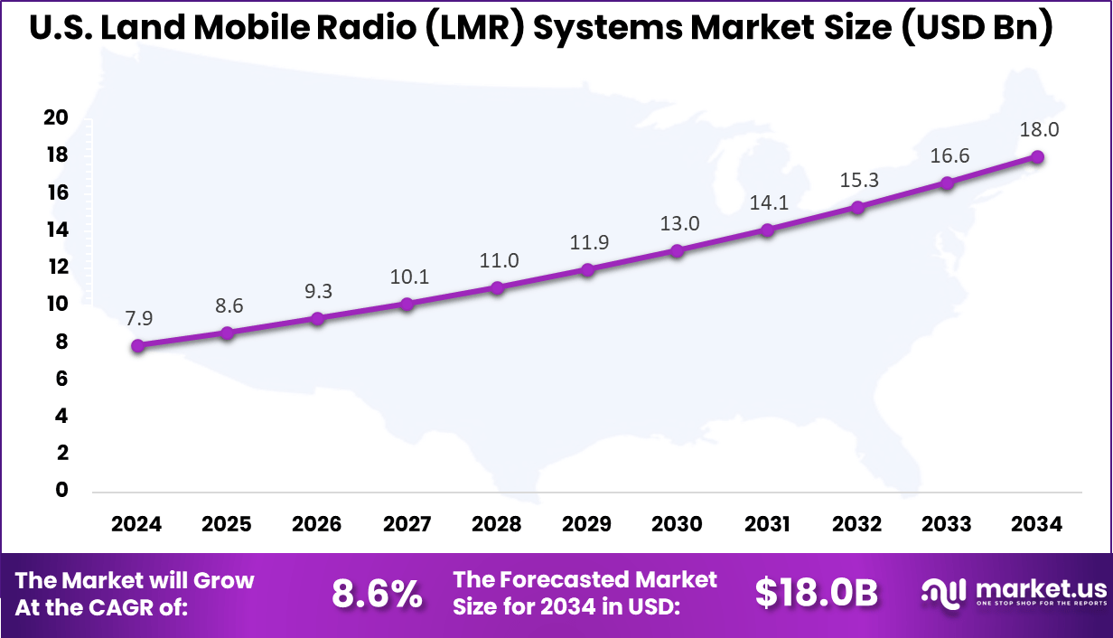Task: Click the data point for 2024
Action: coord(137,345)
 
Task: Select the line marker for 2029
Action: coord(587,269)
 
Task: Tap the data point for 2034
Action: coord(1038,156)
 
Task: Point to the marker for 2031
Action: coord(767,230)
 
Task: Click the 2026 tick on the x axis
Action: coord(317,524)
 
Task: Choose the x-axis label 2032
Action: coord(857,524)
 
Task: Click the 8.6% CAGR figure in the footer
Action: coord(377,594)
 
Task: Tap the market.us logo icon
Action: coord(943,593)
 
